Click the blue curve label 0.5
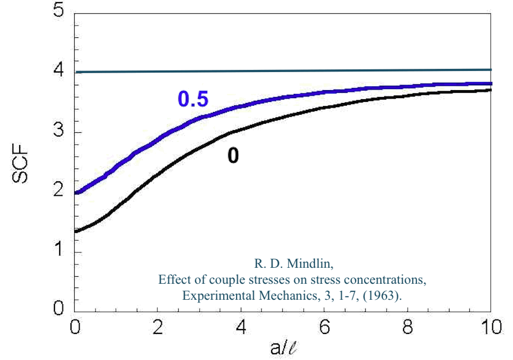coord(193,99)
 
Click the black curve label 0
coord(233,156)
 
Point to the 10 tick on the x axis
coord(490,327)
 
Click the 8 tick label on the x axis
coord(408,327)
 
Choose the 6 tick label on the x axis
coord(325,327)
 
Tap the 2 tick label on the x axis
coord(157,327)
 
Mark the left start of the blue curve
coord(76,193)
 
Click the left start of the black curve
coord(76,231)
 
